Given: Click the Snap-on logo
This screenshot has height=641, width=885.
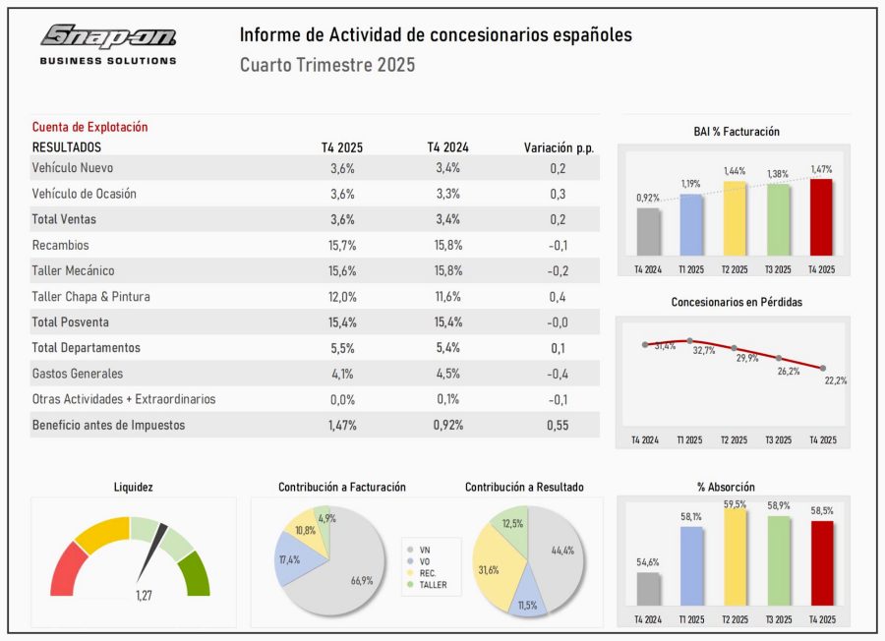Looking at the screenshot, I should click(x=108, y=37).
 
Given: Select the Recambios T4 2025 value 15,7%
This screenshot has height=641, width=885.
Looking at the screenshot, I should click(x=342, y=245).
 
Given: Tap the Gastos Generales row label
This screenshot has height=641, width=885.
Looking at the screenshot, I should click(x=78, y=374).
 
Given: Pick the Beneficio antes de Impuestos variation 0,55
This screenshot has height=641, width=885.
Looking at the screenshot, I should click(x=558, y=425).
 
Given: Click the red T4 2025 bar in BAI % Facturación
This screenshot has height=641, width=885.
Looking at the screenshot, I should click(x=821, y=216).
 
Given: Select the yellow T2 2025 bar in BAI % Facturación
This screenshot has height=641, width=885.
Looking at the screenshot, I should click(x=735, y=218).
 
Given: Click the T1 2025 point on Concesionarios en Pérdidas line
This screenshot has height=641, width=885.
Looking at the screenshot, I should click(x=690, y=341).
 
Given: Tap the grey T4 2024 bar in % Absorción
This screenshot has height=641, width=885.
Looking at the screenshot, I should click(x=648, y=588).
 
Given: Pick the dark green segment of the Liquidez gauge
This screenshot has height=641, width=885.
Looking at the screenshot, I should click(x=197, y=572).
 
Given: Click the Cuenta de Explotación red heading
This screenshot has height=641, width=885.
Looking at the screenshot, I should click(x=89, y=127).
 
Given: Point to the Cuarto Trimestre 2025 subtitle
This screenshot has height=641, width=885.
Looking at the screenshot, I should click(x=326, y=66).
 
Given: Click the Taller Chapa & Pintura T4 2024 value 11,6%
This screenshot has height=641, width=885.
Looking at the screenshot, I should click(x=447, y=296).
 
